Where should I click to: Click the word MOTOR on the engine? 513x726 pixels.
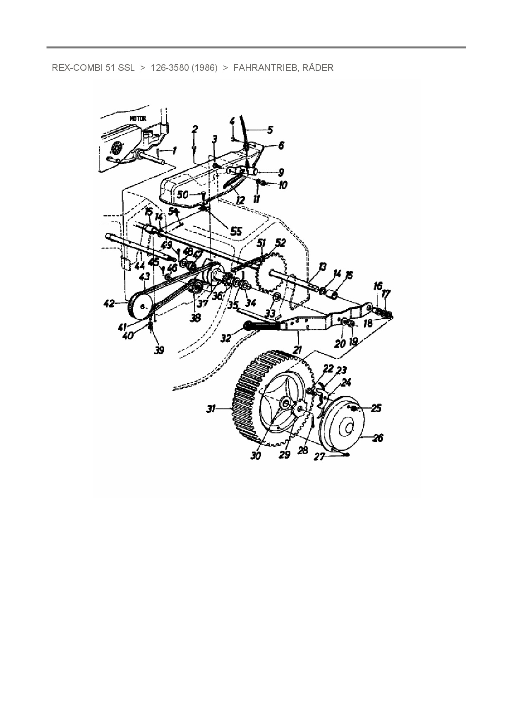coord(138,118)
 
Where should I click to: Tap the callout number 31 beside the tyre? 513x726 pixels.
coord(211,409)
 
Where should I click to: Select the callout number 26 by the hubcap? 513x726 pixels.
coord(378,438)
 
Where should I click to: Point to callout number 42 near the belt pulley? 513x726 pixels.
coord(109,304)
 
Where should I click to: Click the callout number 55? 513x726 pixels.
coord(236,231)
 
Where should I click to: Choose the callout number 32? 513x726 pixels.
coord(226,338)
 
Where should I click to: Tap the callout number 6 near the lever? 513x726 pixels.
coord(281,146)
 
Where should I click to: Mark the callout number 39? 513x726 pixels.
coord(159,350)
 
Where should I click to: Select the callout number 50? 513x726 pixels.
coord(182,195)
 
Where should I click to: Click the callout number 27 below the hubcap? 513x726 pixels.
coord(319,458)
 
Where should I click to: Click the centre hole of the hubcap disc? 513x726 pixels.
coord(346,428)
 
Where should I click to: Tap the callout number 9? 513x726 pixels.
coord(281,172)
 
